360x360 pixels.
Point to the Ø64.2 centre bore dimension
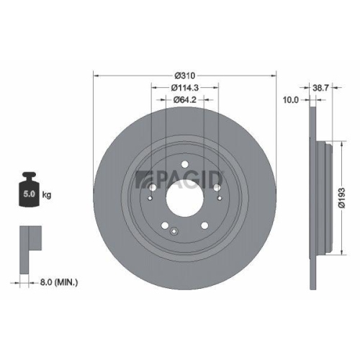186,101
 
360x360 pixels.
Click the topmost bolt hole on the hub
186,163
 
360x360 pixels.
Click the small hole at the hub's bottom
174,230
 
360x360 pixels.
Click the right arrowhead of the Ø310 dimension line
274,74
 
